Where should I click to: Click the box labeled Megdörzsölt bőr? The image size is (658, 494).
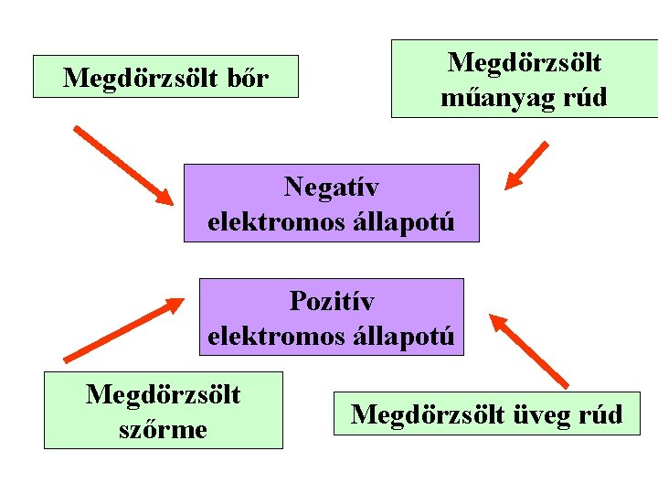click(x=165, y=77)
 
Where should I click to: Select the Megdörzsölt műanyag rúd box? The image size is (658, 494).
click(x=524, y=79)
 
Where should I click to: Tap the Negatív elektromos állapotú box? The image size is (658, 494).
click(x=331, y=203)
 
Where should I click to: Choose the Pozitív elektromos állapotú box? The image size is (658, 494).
click(x=331, y=317)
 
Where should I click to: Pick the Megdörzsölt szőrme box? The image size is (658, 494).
click(x=164, y=410)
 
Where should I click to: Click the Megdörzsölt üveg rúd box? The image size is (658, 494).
click(x=486, y=413)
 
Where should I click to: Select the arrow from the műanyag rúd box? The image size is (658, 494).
click(x=527, y=165)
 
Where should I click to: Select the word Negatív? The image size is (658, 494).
click(x=331, y=187)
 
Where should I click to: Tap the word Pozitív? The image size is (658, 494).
click(x=331, y=300)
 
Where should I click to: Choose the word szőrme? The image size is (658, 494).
click(x=164, y=427)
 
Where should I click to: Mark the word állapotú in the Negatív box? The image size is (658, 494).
click(x=409, y=221)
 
